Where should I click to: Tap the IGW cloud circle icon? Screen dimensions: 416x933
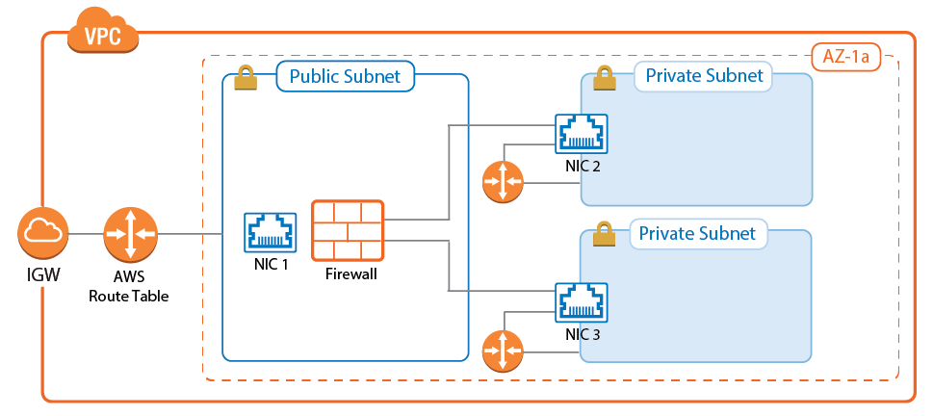tap(41, 234)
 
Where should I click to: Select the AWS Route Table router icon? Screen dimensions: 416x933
tap(129, 234)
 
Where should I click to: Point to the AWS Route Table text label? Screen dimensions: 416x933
tap(128, 286)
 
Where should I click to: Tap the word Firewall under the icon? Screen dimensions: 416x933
tap(347, 274)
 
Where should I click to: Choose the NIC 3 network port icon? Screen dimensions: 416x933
tap(583, 303)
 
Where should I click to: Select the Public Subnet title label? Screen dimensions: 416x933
tap(345, 77)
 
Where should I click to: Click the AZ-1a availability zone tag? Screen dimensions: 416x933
tap(845, 58)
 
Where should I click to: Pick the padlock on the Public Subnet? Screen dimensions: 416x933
tap(246, 78)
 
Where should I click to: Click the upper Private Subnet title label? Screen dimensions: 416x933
tap(703, 76)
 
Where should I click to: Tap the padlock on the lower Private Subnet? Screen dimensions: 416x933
tap(604, 233)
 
